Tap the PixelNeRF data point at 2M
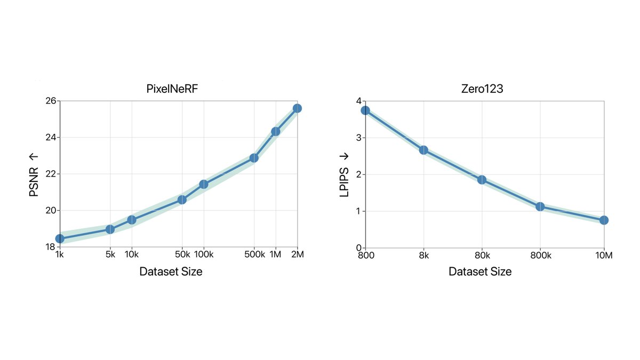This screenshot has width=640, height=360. (x=297, y=108)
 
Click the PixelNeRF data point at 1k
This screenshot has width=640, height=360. (x=60, y=238)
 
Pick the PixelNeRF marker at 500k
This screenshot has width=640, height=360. (x=254, y=158)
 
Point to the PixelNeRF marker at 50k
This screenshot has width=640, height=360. (x=182, y=199)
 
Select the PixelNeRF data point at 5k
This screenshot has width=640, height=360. (x=110, y=229)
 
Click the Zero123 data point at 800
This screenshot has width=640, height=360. (x=365, y=110)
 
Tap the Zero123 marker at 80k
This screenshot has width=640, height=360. (x=482, y=180)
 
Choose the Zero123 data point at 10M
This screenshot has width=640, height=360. (x=604, y=220)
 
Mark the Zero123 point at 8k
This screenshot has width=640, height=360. (x=423, y=150)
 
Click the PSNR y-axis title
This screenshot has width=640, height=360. (x=34, y=174)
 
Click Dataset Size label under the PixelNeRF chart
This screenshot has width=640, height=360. (x=171, y=271)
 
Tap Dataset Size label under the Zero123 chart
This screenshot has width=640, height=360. (x=480, y=271)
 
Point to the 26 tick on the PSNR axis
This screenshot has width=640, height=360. (x=50, y=101)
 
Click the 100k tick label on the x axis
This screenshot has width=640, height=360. (x=203, y=255)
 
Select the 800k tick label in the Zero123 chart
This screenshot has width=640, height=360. (x=540, y=255)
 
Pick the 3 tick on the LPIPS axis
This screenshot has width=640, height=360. (x=358, y=138)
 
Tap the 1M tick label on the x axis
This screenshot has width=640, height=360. (x=275, y=255)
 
